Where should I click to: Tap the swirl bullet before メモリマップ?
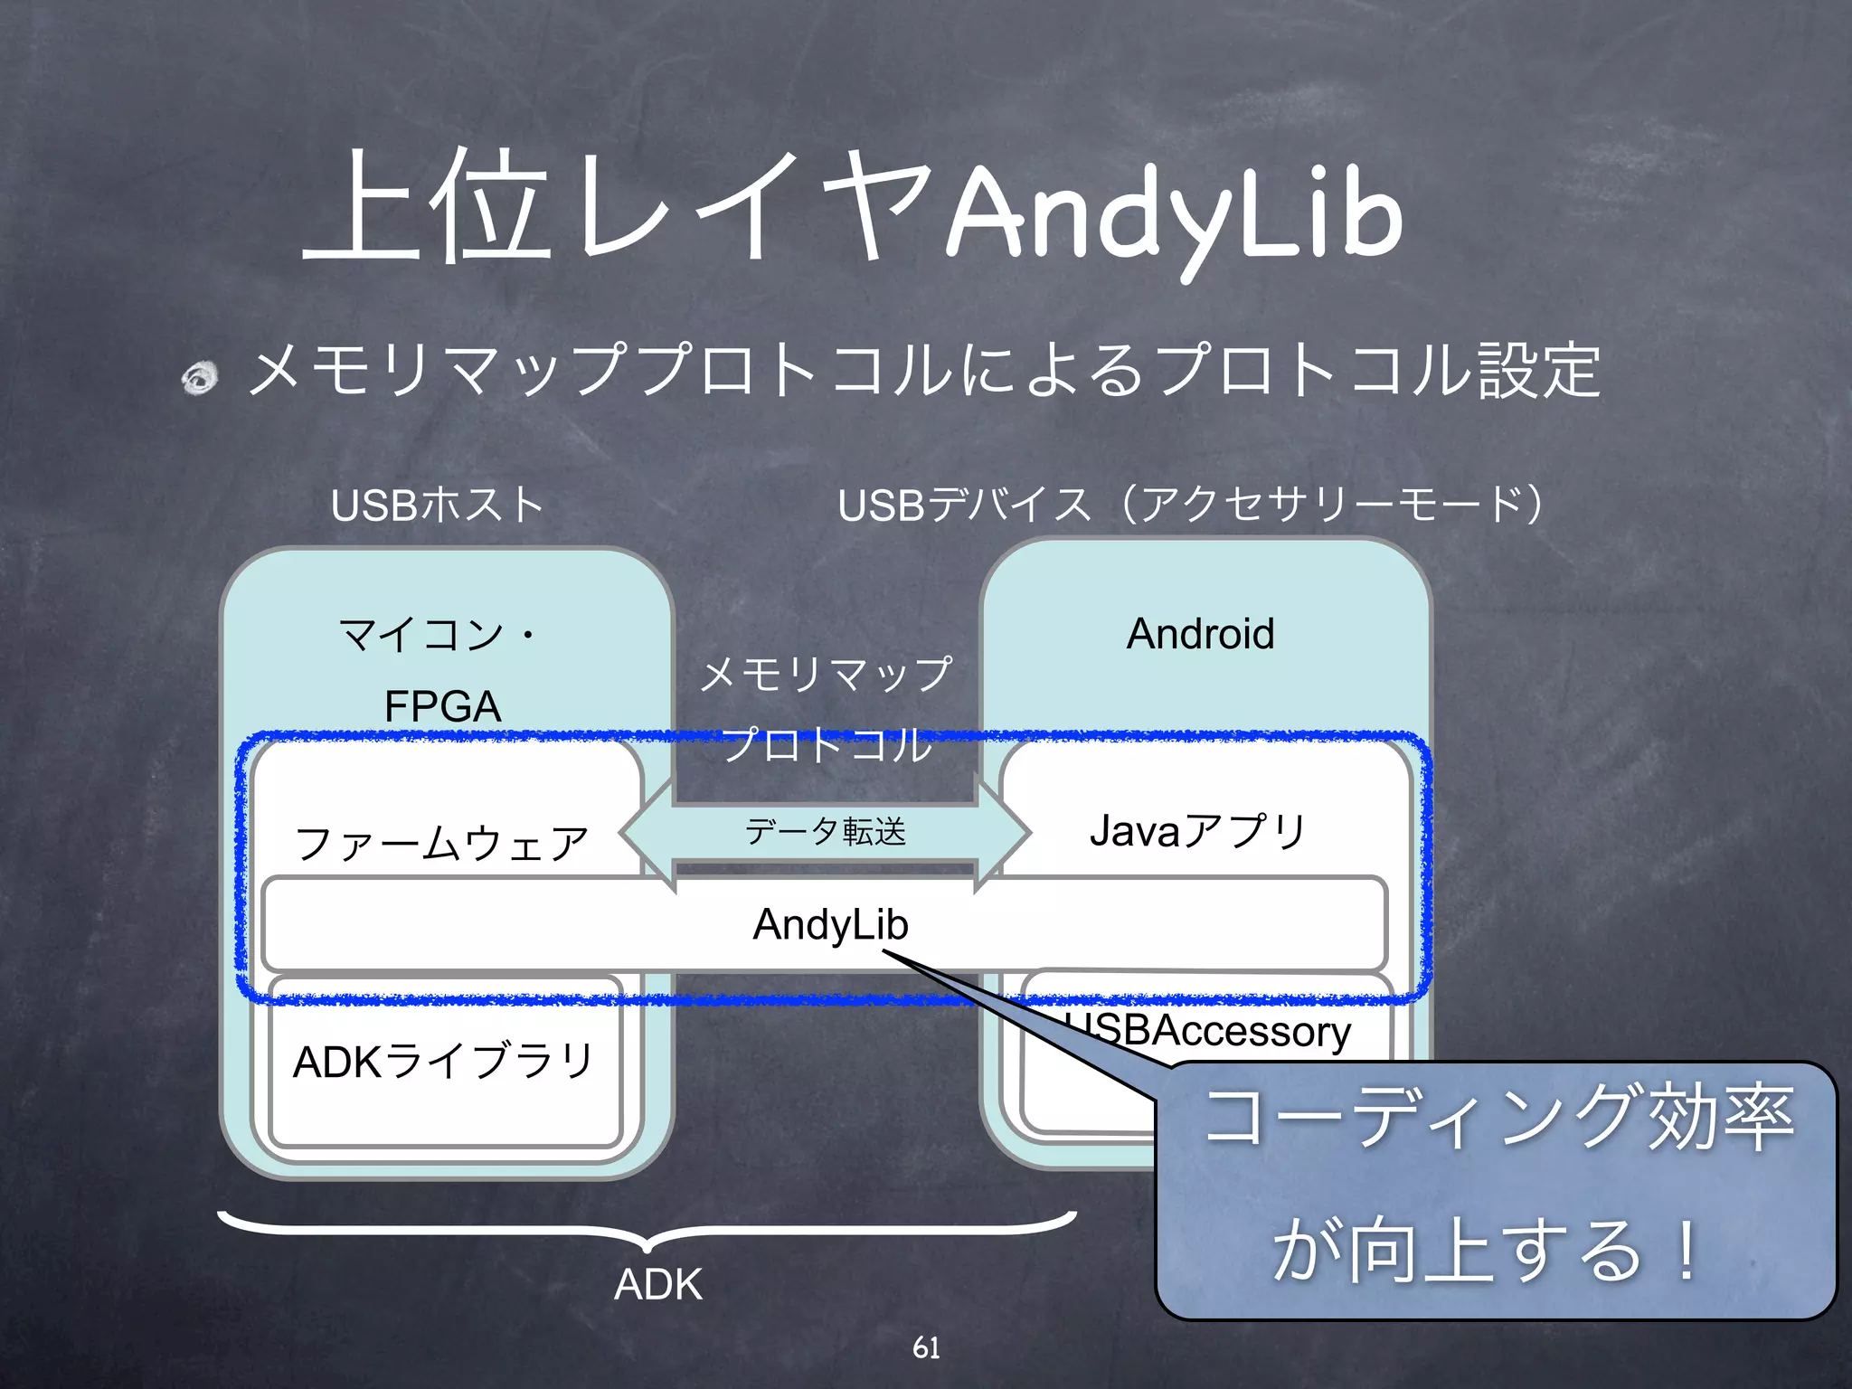click(x=200, y=377)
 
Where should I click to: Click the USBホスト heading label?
click(x=437, y=505)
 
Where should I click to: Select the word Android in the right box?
click(x=1200, y=633)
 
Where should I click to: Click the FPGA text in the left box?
click(x=442, y=706)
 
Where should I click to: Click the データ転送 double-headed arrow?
click(x=826, y=832)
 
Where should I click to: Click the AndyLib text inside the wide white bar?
click(x=830, y=924)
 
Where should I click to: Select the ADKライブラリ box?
click(x=444, y=1063)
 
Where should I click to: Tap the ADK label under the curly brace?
click(x=657, y=1284)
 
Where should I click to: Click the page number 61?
click(x=926, y=1347)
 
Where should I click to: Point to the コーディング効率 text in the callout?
click(x=1498, y=1119)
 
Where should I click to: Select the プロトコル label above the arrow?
click(x=826, y=745)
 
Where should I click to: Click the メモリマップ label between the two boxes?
click(x=826, y=675)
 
